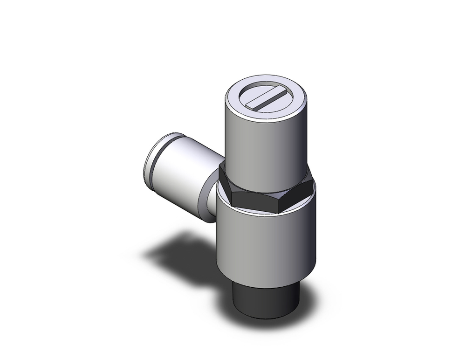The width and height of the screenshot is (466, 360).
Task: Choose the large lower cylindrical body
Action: (x=266, y=242)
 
